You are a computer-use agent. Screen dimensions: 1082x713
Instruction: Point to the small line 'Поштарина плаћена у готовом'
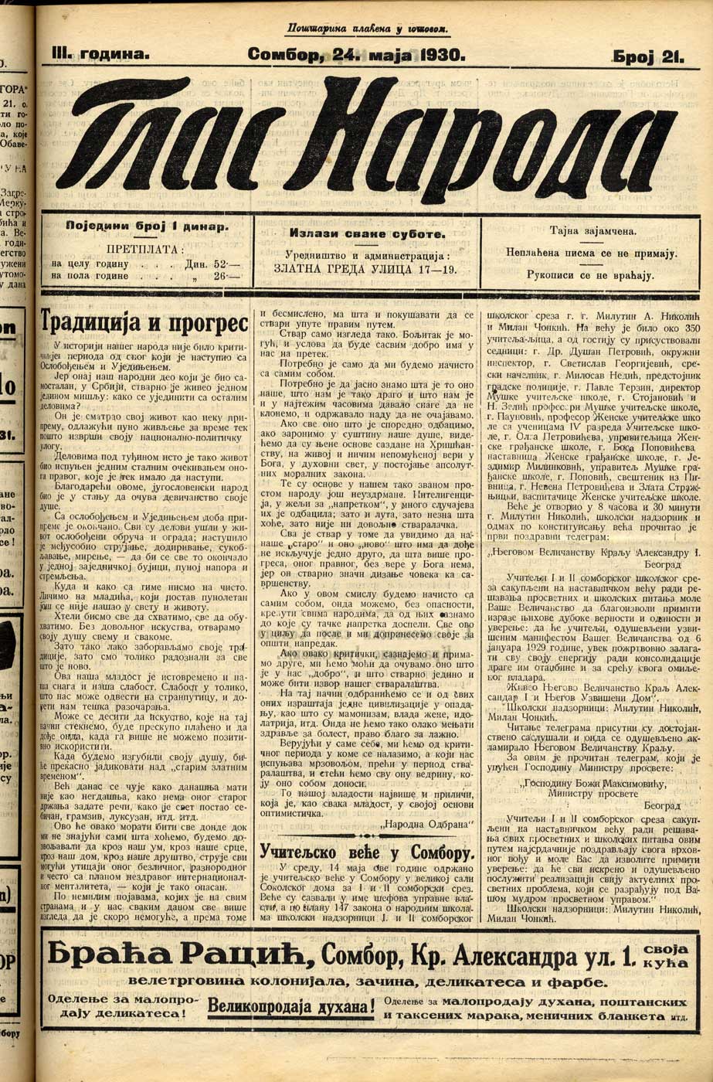click(367, 29)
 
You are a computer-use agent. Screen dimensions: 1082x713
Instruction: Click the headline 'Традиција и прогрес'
click(144, 322)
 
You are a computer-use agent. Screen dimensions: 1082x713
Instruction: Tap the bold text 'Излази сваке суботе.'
click(367, 233)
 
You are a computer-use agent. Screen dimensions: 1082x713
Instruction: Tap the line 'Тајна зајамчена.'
click(592, 230)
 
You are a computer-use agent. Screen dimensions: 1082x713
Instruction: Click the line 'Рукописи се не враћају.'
click(592, 274)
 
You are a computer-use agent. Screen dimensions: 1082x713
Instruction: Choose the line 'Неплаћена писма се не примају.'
click(592, 252)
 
